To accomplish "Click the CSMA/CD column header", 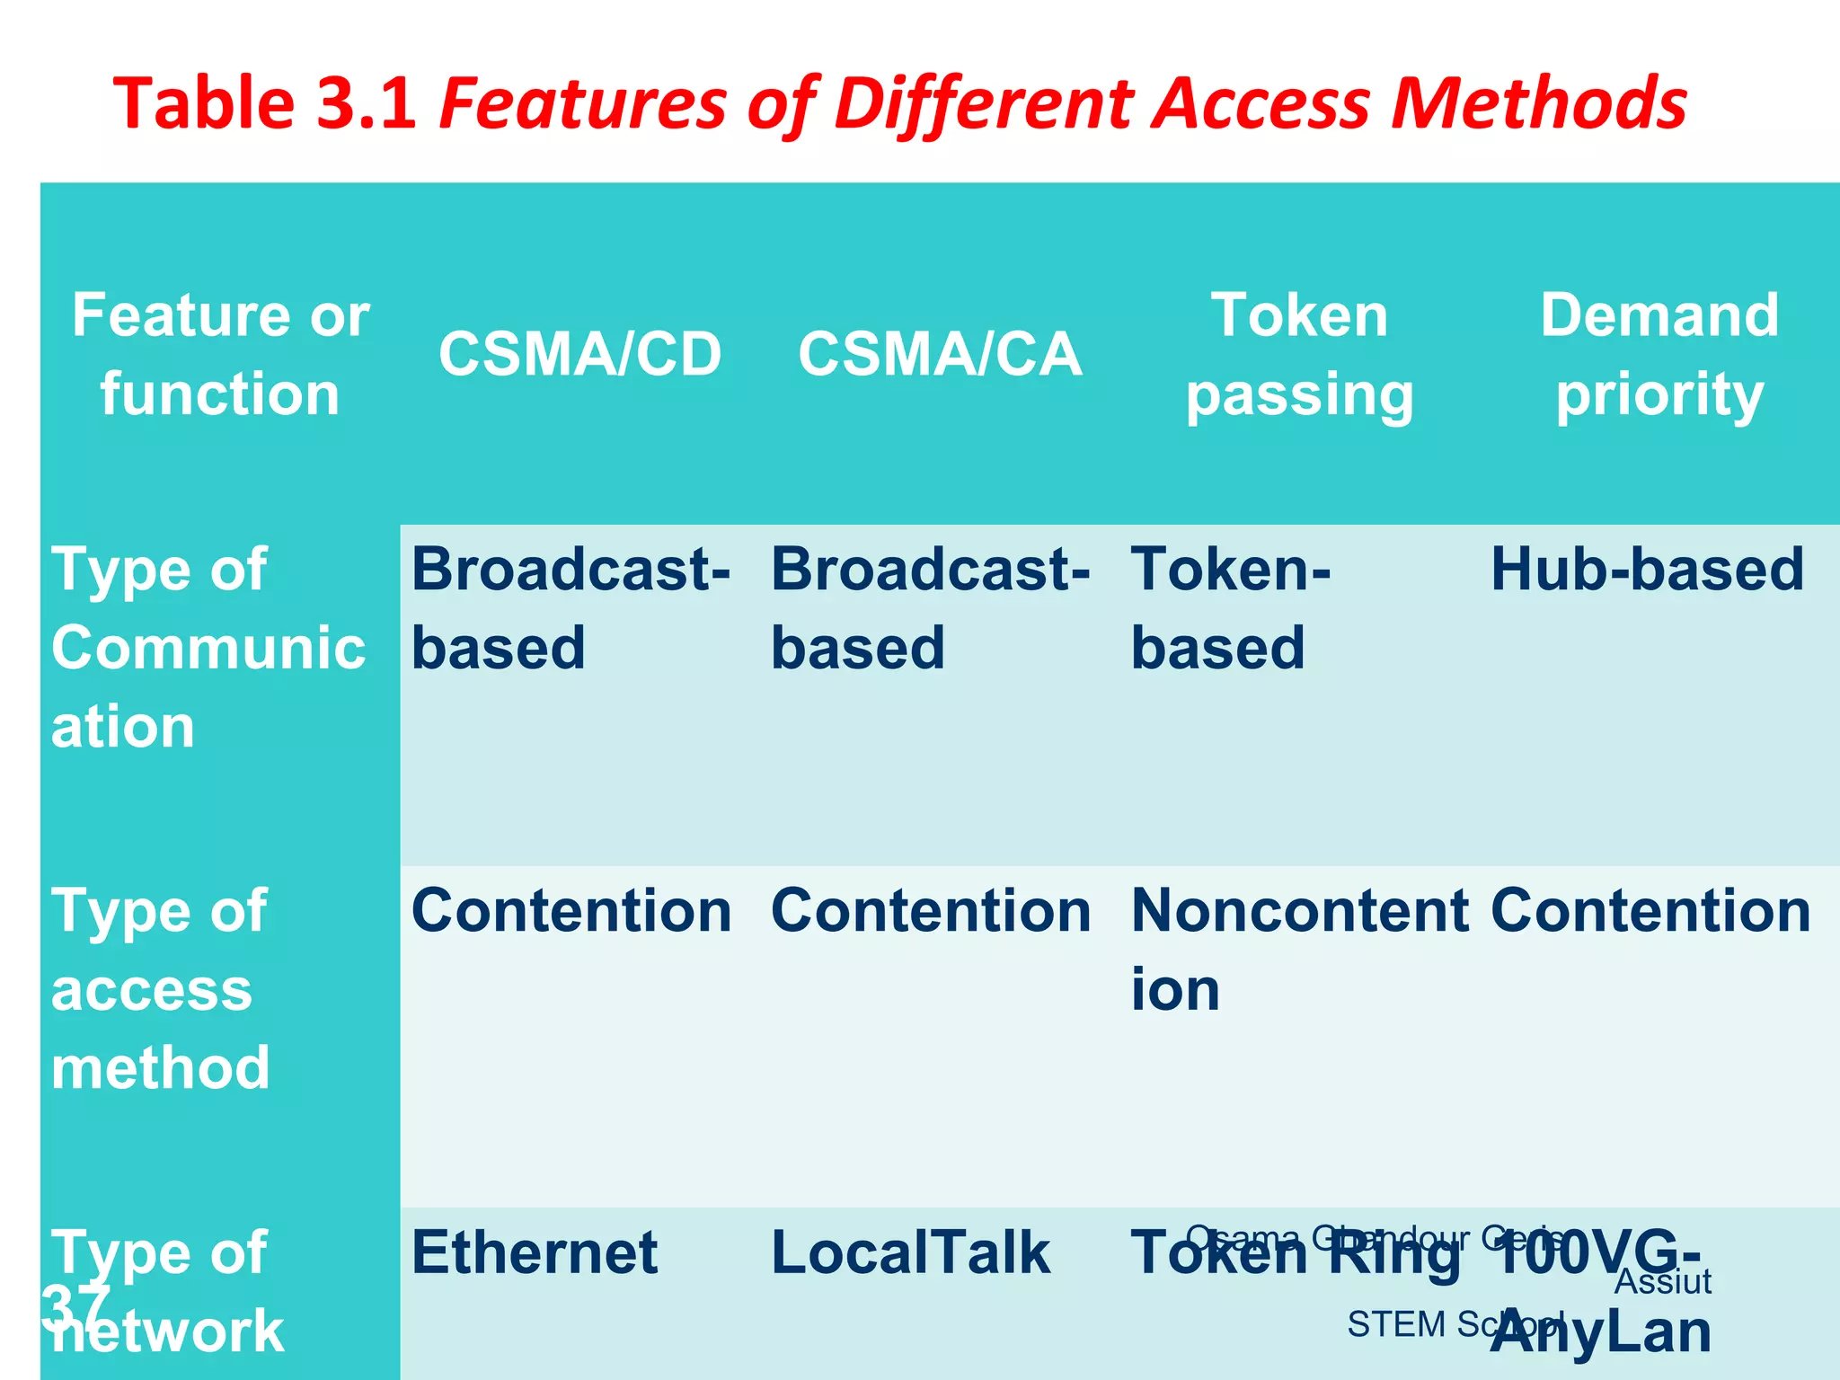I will [579, 354].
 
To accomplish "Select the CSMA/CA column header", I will [940, 354].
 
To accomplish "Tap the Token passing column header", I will [1299, 354].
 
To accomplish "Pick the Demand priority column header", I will [1659, 354].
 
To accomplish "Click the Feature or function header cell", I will [220, 354].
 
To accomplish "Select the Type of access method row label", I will [160, 989].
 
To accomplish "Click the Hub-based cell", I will [1647, 570].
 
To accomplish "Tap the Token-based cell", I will [1229, 609].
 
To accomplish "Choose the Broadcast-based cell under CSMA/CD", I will [571, 609].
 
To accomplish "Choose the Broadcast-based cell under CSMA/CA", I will [931, 609].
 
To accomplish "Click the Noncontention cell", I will [1298, 949].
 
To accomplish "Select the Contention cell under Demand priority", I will [1650, 911].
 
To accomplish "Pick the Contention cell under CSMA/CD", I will [571, 911].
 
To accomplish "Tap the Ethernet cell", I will [535, 1252].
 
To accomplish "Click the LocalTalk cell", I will [910, 1252].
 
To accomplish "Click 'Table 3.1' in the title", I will [266, 103].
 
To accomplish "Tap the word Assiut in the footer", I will [1662, 1282].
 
